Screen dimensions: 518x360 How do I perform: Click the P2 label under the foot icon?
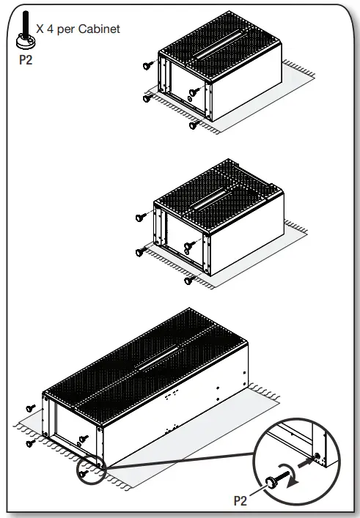click(x=26, y=60)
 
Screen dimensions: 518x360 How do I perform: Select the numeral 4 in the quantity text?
click(x=49, y=29)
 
